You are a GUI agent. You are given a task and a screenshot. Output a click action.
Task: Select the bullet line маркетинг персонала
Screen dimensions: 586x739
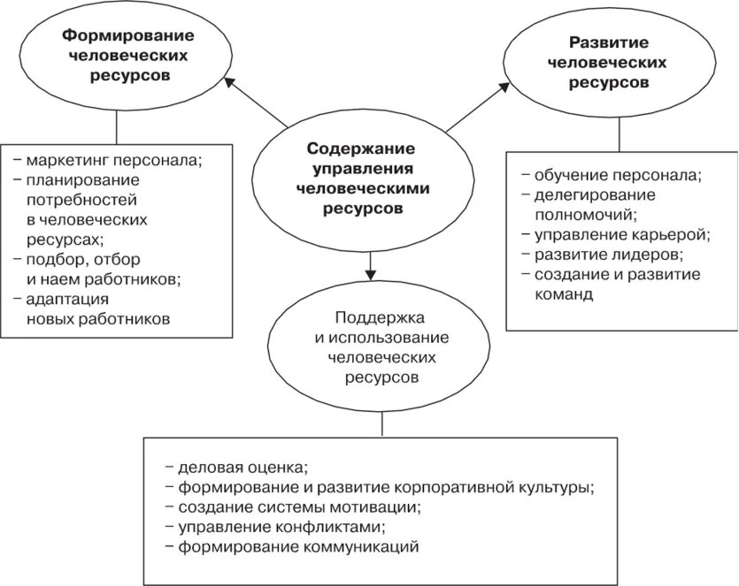pos(114,160)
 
